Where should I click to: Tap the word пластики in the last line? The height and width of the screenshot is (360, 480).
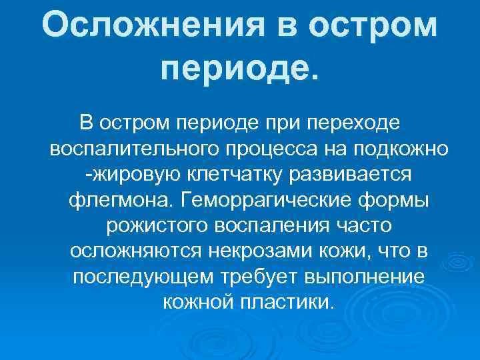[x=289, y=302]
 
